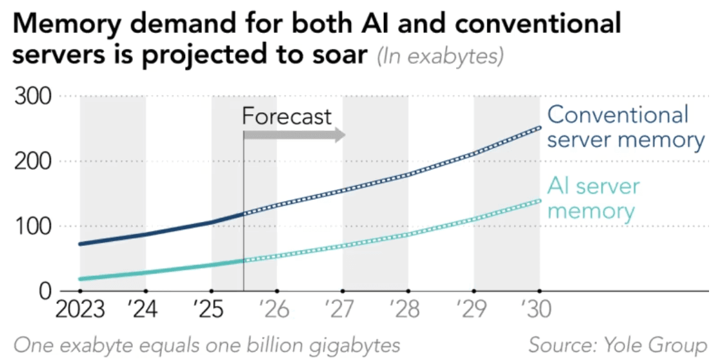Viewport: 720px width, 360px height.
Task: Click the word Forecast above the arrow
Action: tap(286, 117)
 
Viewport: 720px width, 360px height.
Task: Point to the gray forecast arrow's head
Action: tap(340, 134)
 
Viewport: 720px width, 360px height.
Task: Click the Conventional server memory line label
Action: tap(625, 127)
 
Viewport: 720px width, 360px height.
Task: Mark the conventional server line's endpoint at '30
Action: tap(539, 128)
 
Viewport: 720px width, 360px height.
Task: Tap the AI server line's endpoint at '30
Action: tap(539, 201)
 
